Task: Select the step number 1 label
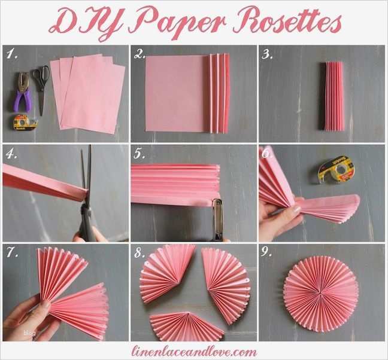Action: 10,55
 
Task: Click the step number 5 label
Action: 139,154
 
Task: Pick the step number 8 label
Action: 139,253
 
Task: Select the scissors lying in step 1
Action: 41,87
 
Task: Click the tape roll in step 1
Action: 25,123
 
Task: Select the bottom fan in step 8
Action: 186,326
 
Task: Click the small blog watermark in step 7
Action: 29,332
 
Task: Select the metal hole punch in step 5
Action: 217,218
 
